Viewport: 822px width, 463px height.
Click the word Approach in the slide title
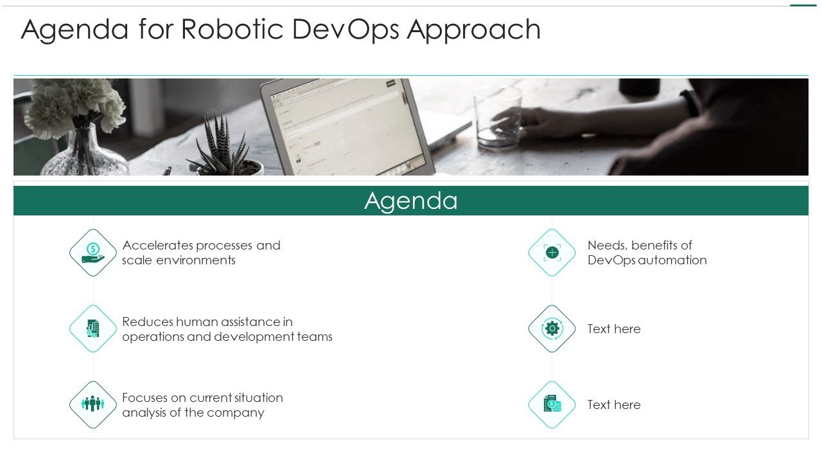pos(473,30)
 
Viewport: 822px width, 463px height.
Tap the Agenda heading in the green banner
pos(411,201)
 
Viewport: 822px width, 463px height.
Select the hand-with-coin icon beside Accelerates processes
pos(92,253)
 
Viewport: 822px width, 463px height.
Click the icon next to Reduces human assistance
pos(92,329)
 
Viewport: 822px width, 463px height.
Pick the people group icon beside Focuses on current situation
pos(92,404)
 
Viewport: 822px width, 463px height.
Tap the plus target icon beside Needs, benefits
pos(552,253)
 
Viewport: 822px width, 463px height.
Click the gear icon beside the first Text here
pos(552,329)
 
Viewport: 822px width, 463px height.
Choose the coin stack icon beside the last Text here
pos(552,404)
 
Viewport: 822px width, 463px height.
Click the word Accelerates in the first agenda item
pos(157,246)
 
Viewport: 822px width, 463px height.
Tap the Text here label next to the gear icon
pos(613,329)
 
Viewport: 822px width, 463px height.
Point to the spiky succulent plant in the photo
pos(221,145)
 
